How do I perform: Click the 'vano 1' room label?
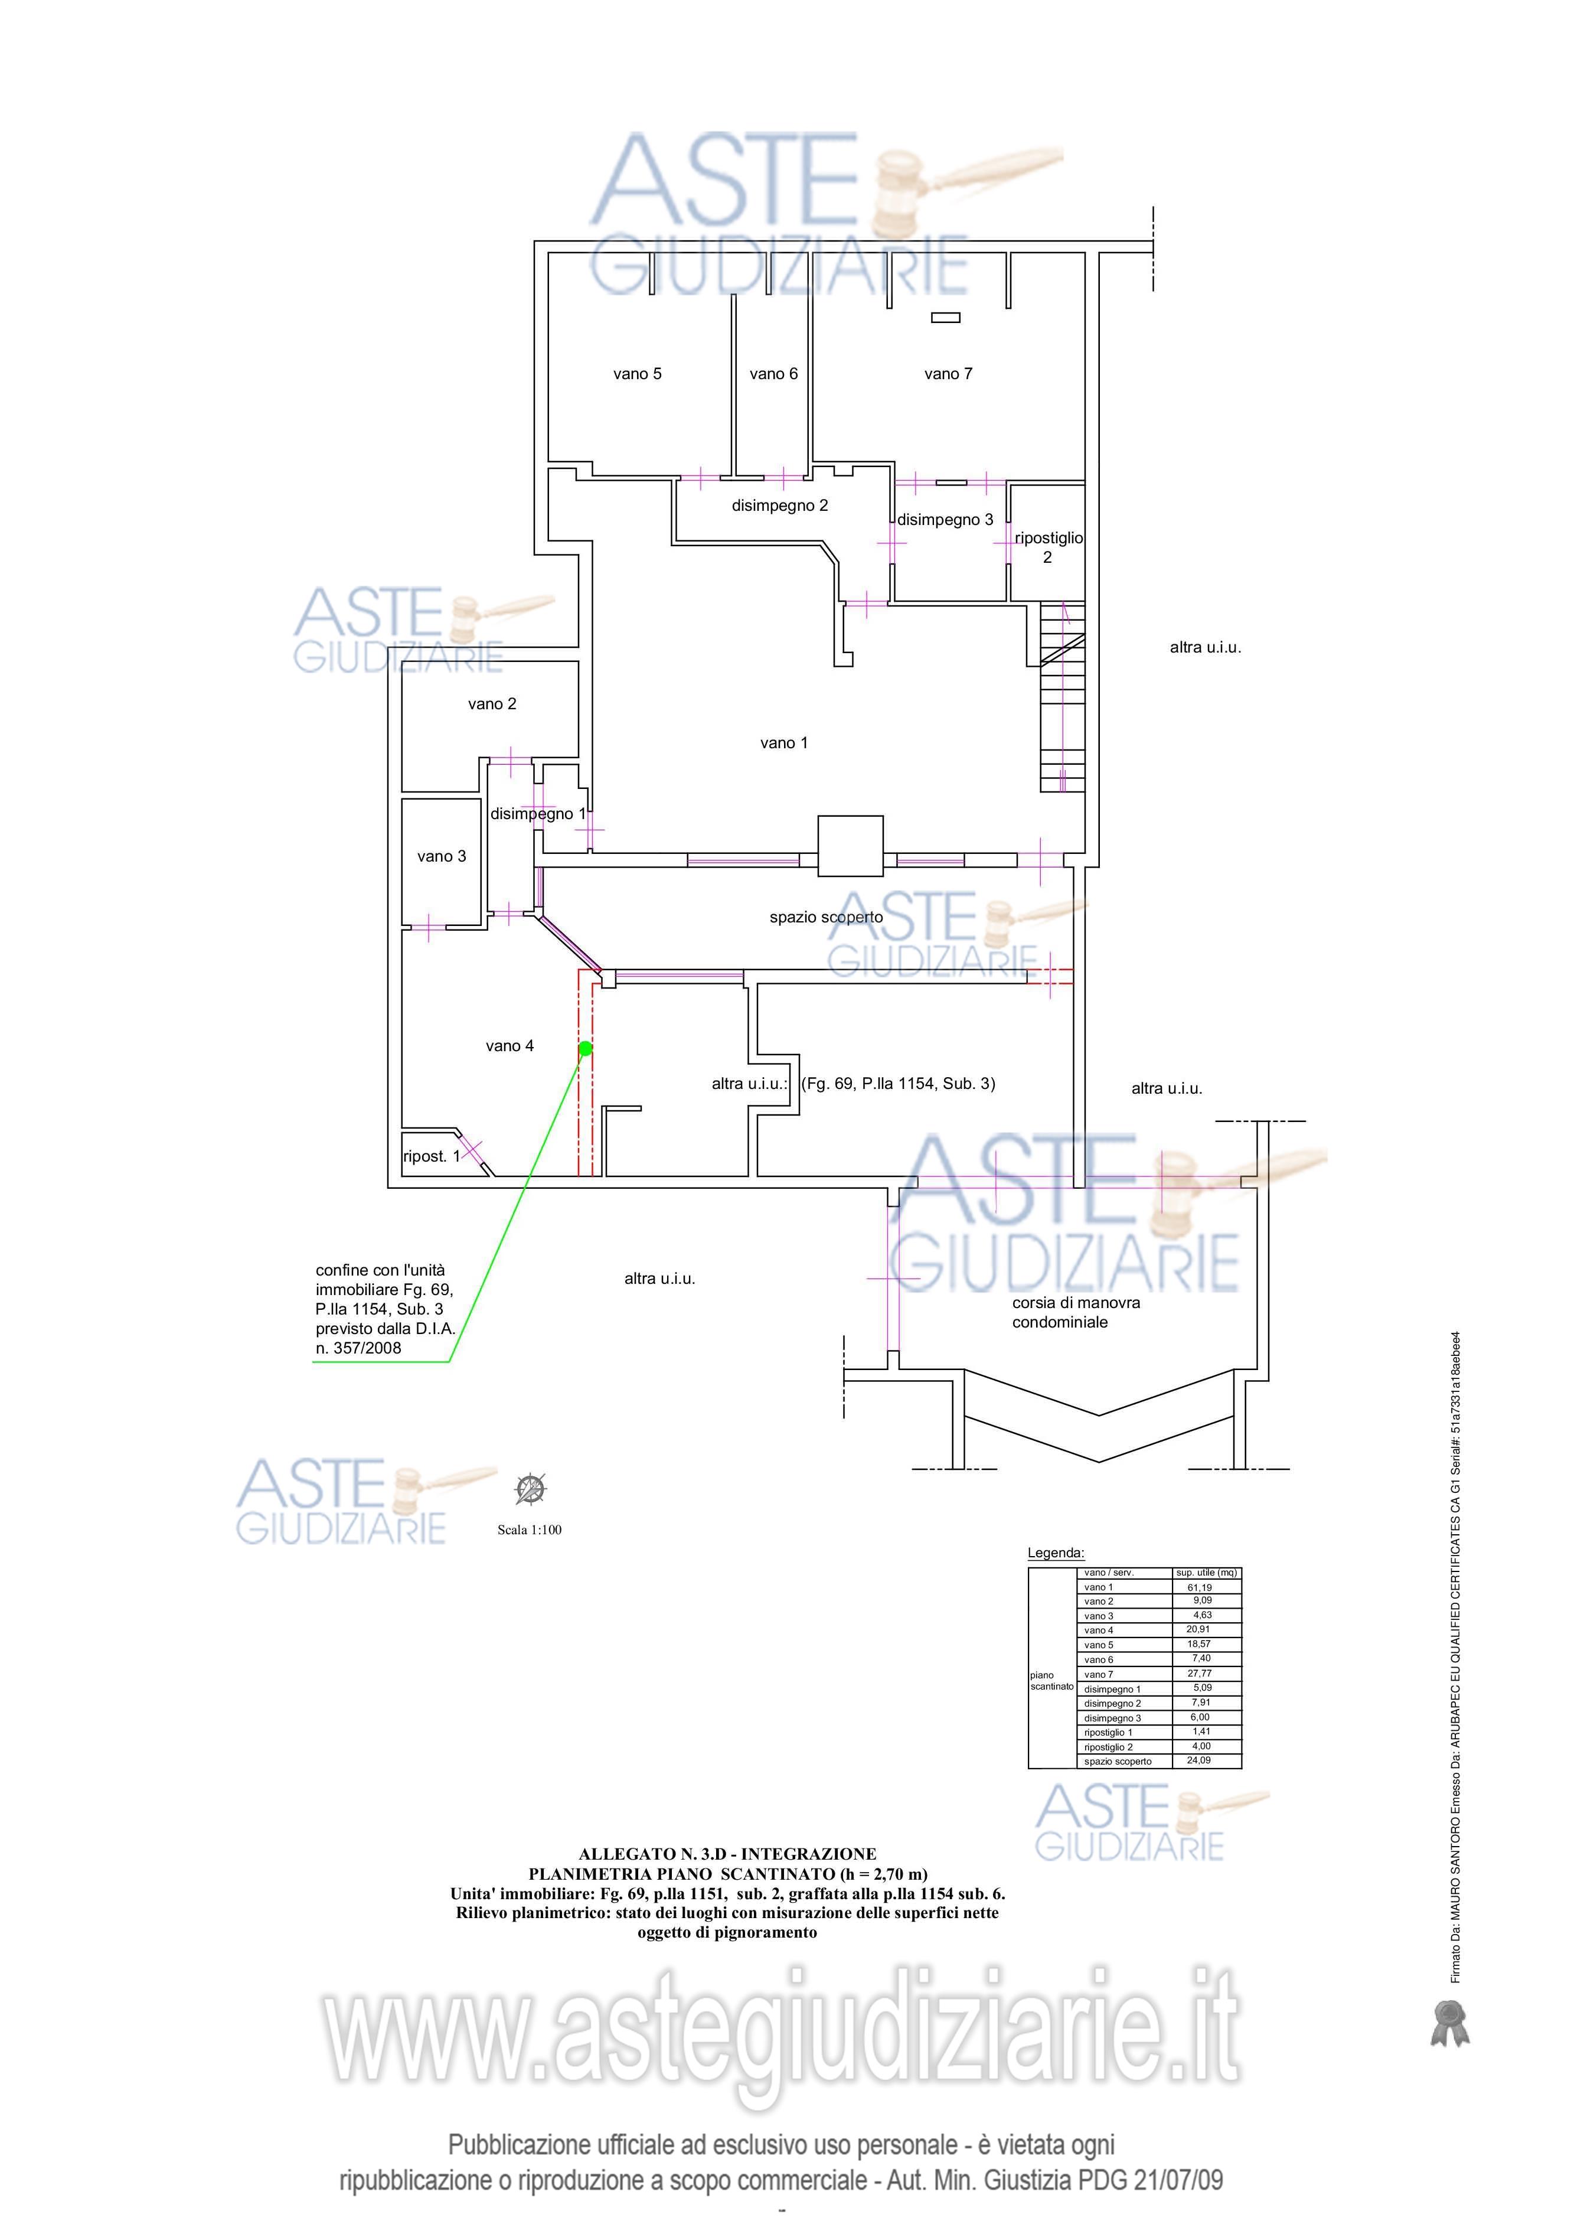coord(783,743)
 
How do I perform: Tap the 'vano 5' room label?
coord(637,374)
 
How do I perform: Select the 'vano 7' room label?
coord(948,374)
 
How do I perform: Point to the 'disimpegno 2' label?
coord(780,506)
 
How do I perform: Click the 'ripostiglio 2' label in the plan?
coord(1048,547)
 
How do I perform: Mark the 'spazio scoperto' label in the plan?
coord(826,917)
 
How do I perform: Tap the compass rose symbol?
coord(531,1489)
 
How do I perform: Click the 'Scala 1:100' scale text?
coord(530,1531)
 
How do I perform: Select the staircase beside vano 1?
coord(1063,697)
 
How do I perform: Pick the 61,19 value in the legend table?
coord(1200,1587)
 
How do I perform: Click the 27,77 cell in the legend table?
coord(1200,1673)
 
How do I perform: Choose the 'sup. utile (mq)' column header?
coord(1207,1573)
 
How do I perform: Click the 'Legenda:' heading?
coord(1056,1553)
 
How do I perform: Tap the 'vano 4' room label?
coord(509,1046)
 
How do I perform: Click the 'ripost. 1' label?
coord(432,1156)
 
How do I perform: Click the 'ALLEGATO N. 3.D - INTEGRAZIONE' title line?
coord(727,1854)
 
